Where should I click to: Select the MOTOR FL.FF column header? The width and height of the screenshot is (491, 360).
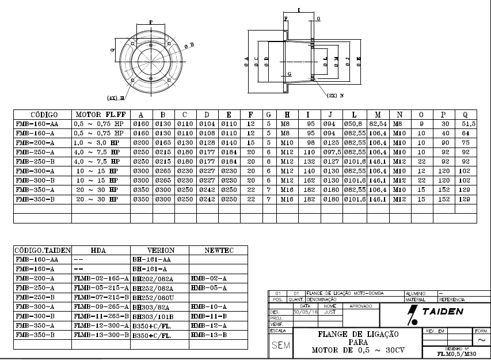click(101, 114)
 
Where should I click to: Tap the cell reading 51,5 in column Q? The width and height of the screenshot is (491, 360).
click(468, 124)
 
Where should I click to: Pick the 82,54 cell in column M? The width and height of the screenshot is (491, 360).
click(378, 124)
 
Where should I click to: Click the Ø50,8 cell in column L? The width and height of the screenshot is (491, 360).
click(353, 124)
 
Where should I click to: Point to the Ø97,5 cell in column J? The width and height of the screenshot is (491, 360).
click(330, 151)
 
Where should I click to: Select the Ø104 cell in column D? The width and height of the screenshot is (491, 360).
click(207, 124)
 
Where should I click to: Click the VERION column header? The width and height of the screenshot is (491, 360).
click(161, 251)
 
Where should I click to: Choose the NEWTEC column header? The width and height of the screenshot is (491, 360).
click(219, 251)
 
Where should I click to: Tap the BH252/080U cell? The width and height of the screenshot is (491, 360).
click(153, 297)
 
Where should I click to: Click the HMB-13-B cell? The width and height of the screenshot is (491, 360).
click(208, 335)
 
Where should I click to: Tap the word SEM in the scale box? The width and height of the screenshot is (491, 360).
click(280, 345)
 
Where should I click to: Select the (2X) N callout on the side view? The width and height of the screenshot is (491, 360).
click(336, 96)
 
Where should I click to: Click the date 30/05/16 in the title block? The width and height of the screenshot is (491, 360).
click(305, 312)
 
